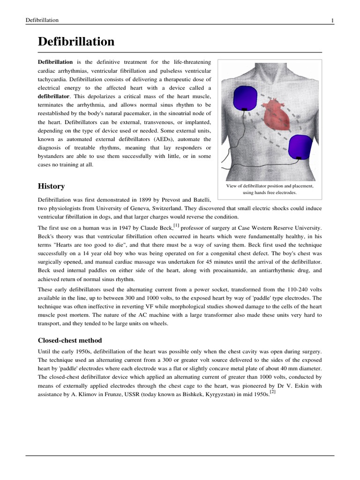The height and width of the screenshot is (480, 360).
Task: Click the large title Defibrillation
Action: [76, 42]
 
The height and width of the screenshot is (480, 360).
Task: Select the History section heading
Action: [51, 186]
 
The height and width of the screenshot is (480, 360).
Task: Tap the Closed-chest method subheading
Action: [70, 340]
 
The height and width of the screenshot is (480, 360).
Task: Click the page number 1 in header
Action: [332, 20]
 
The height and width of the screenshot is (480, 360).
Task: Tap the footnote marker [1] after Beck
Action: [176, 225]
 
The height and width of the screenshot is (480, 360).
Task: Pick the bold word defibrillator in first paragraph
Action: [55, 96]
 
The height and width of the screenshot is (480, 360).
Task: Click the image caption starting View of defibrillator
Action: [270, 189]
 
